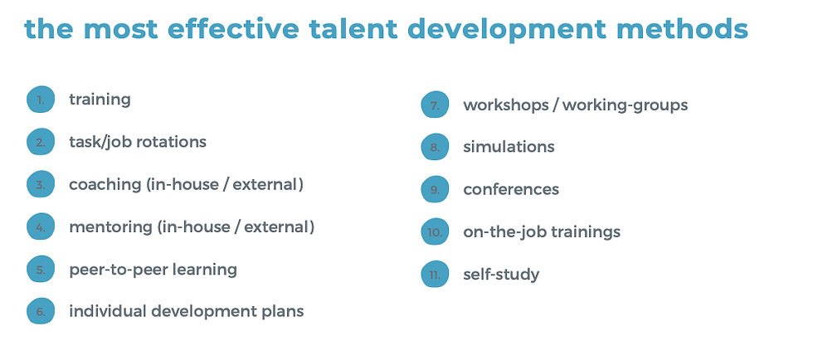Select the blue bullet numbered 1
coord(40,100)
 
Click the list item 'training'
coord(100,100)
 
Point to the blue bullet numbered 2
coord(40,143)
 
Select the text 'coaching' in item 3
coord(105,184)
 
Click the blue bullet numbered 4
coord(40,227)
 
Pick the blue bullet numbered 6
coord(40,313)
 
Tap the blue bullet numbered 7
coord(434,106)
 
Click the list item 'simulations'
coord(509,147)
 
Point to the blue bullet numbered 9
coord(434,190)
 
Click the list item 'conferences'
coord(511,190)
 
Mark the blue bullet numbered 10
coord(434,233)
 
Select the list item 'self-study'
coord(501,275)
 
